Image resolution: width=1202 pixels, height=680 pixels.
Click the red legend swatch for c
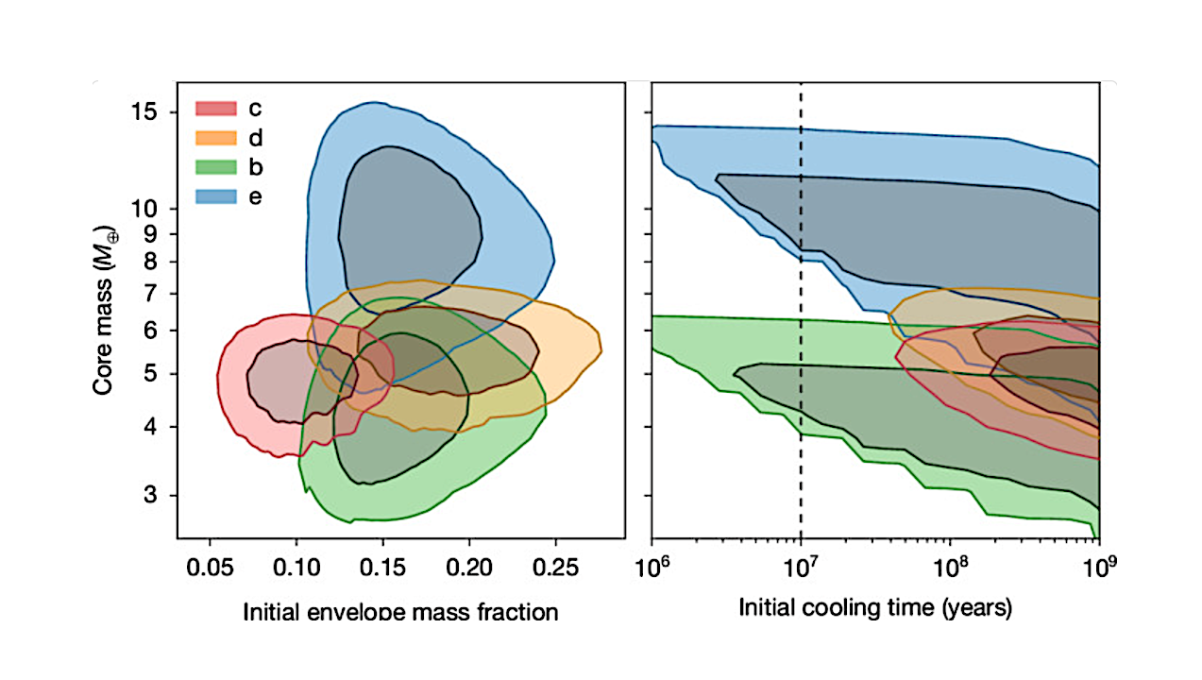[x=215, y=109]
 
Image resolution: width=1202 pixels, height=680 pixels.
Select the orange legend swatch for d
[x=215, y=138]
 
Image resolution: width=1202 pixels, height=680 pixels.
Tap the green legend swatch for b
[x=215, y=167]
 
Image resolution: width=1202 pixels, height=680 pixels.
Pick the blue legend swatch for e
[x=215, y=196]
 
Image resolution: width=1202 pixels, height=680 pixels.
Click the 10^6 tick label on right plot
[x=652, y=567]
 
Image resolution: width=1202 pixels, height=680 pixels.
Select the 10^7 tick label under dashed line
[x=801, y=567]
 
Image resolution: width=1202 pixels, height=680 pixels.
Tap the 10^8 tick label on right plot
[x=950, y=567]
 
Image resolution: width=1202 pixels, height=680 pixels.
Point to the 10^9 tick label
[x=1097, y=567]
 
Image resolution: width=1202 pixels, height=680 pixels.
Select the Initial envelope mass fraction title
[x=400, y=612]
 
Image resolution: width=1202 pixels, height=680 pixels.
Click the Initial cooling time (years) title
[x=875, y=607]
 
